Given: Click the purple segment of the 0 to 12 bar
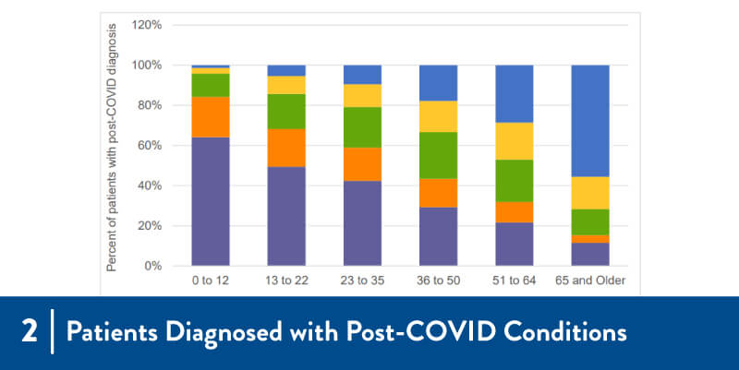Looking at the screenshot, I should (x=211, y=201).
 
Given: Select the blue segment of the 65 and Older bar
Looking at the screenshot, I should (x=590, y=120).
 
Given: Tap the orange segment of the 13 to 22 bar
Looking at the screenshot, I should (x=286, y=148).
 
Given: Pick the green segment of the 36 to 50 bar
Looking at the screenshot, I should (x=439, y=155).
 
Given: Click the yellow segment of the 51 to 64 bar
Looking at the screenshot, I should (x=515, y=141).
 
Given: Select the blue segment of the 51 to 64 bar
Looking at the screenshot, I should (x=515, y=93).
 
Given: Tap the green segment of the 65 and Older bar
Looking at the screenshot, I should (x=590, y=222).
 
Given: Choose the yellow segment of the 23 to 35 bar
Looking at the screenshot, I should (x=362, y=96).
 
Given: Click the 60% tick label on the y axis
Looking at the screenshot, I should (x=150, y=146).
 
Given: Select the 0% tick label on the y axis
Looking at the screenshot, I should (x=152, y=266).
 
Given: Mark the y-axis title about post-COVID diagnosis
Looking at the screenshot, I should (x=112, y=148).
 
